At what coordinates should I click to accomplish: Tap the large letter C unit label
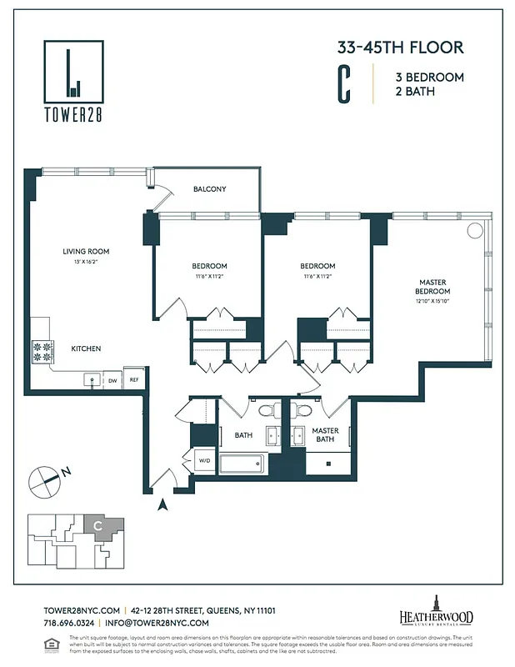343,83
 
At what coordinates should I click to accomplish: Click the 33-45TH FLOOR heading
400,48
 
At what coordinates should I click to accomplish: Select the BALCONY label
209,189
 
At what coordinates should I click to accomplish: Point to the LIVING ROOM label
86,251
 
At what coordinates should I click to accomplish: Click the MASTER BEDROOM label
432,286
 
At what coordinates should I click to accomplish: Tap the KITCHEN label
86,349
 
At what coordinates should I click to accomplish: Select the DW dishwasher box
112,379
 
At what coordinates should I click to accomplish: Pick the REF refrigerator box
133,379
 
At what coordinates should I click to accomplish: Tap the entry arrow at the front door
163,503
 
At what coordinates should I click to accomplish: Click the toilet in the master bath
302,410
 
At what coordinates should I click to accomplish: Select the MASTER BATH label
325,435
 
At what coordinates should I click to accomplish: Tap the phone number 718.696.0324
70,623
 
